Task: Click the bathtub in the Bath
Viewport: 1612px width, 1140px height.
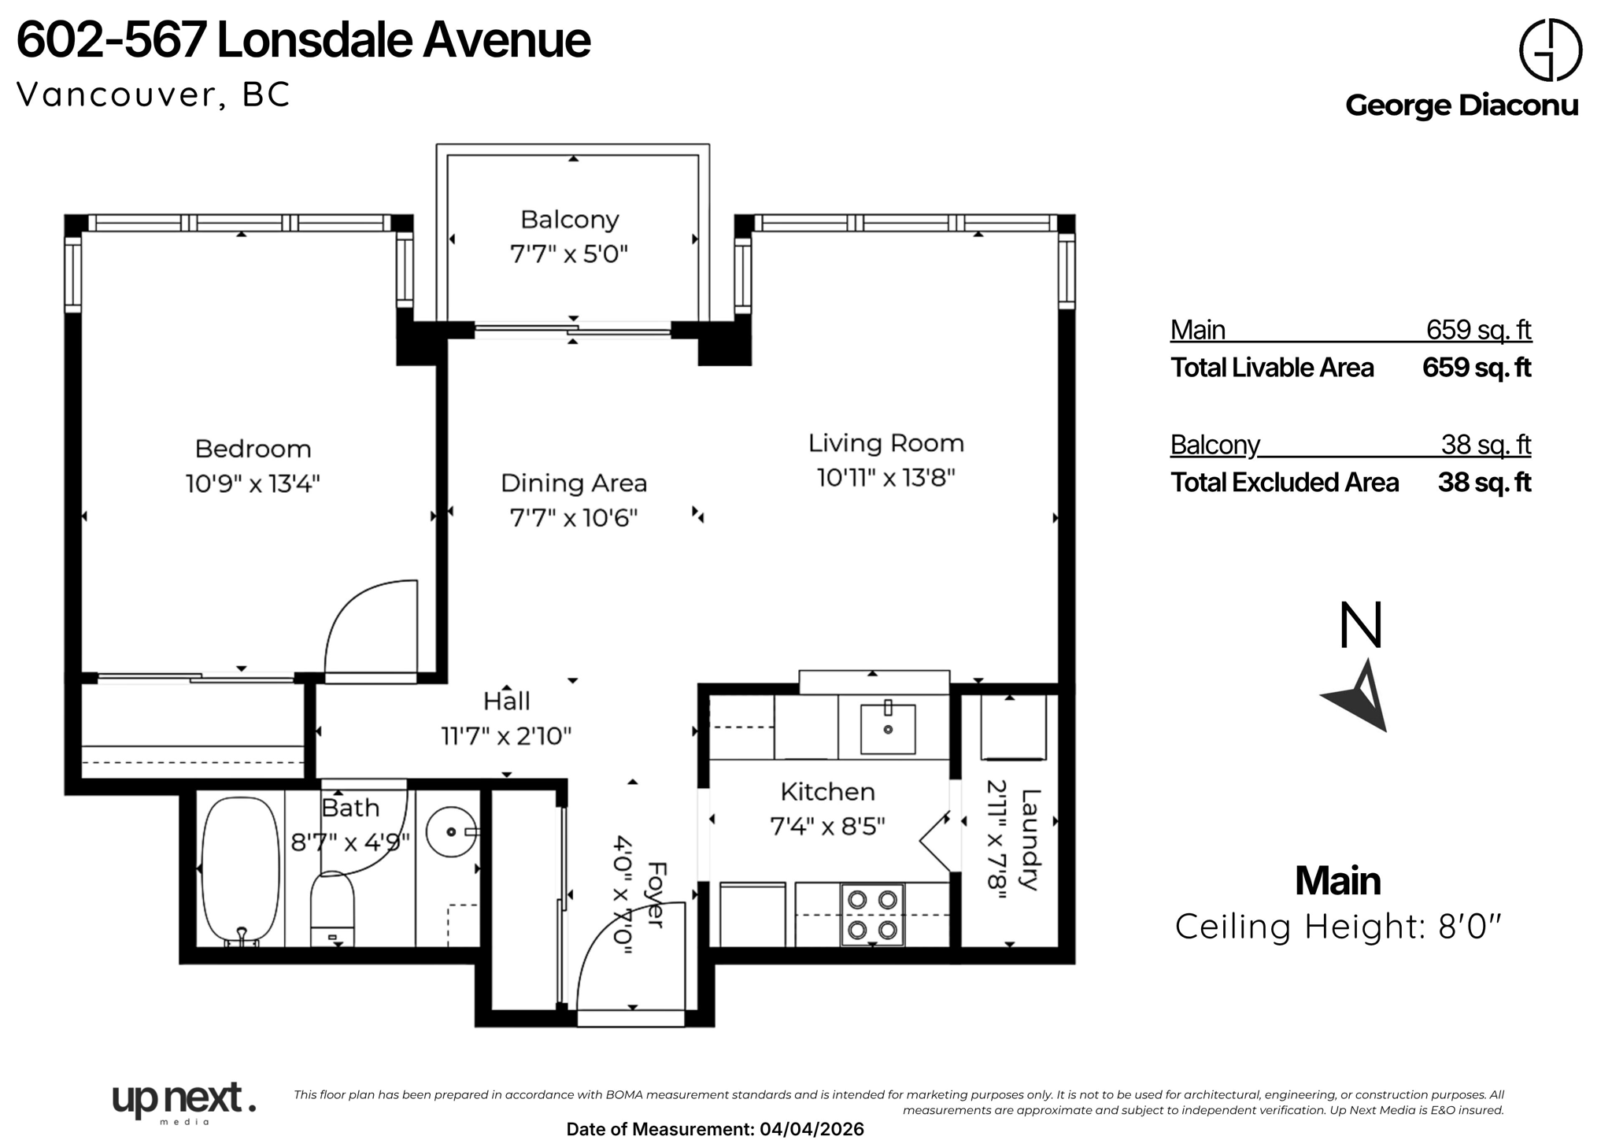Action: tap(240, 869)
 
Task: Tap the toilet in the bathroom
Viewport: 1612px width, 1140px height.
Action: tap(332, 909)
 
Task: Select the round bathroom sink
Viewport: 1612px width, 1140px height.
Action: tap(453, 831)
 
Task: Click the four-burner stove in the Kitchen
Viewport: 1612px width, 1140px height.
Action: tap(872, 915)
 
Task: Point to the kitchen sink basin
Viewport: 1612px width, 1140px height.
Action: tap(888, 728)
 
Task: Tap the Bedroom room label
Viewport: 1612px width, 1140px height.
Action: tap(253, 449)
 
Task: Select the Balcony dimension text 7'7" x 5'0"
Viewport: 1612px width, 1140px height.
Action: tap(570, 254)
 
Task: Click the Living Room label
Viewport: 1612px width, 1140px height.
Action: tap(886, 443)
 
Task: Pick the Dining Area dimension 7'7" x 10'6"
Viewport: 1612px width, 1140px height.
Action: tap(574, 518)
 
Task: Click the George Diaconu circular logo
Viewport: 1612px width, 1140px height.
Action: tap(1550, 49)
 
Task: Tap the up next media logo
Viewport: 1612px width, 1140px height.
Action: tap(184, 1103)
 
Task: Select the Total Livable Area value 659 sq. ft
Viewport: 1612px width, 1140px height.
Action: tap(1477, 368)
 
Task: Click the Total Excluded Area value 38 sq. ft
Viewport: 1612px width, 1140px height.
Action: tap(1484, 483)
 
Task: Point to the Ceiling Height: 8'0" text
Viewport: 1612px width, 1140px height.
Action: tap(1338, 927)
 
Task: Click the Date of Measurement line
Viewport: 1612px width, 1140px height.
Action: tap(715, 1129)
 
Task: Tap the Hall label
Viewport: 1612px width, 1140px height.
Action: tap(506, 701)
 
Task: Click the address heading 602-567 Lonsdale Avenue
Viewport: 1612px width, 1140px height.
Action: tap(303, 41)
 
